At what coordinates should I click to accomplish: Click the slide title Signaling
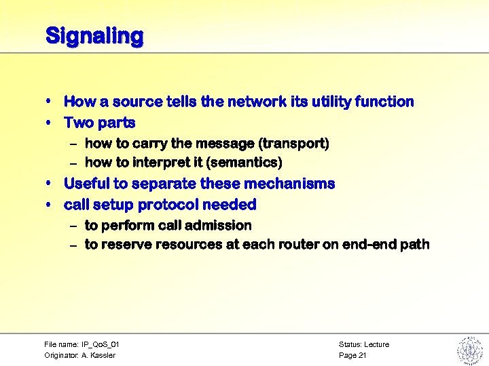(x=94, y=35)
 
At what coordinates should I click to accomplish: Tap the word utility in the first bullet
(x=330, y=102)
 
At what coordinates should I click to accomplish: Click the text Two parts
(x=99, y=123)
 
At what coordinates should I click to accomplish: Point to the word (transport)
(x=295, y=143)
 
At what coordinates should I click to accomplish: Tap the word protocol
(x=173, y=205)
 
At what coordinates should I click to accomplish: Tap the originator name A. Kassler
(x=99, y=355)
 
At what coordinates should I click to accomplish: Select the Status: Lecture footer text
(x=363, y=344)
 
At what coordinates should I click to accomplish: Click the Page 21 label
(x=352, y=355)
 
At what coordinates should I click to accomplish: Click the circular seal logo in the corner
(x=469, y=350)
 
